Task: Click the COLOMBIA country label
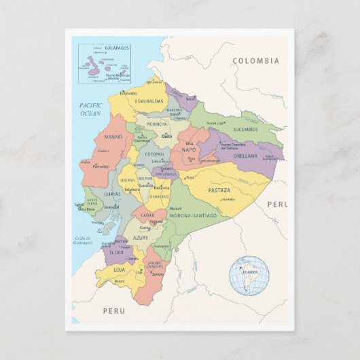pos(255,61)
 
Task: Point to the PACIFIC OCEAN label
pos(90,109)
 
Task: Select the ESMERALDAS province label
pos(149,101)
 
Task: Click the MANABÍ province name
pos(113,137)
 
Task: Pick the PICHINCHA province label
pos(156,124)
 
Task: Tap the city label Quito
pos(166,136)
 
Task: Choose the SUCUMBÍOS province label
pos(245,129)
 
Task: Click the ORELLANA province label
pos(245,156)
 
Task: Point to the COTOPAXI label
pos(154,154)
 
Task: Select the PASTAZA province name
pos(219,190)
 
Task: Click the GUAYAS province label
pos(112,194)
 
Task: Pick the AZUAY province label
pos(141,238)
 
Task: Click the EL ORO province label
pos(115,253)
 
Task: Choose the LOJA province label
pos(119,270)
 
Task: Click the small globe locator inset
pos(249,275)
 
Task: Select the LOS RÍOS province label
pos(128,181)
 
